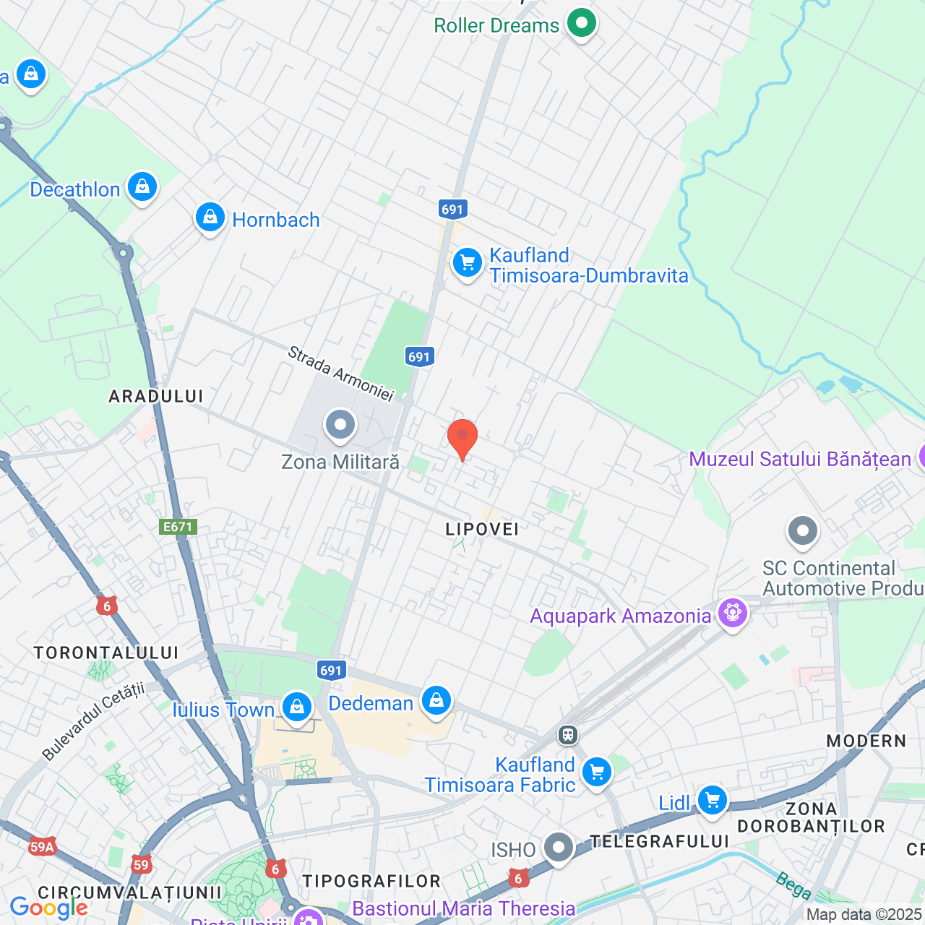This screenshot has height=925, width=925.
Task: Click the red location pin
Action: pyautogui.click(x=462, y=437)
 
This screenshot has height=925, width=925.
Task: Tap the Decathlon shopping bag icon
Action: pyautogui.click(x=142, y=187)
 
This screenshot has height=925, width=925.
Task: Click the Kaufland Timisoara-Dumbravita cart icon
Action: pyautogui.click(x=468, y=263)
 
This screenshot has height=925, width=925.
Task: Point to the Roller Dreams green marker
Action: pyautogui.click(x=581, y=23)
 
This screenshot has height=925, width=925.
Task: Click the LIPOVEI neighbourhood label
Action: pyautogui.click(x=482, y=529)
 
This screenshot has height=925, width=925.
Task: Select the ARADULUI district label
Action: pyautogui.click(x=156, y=396)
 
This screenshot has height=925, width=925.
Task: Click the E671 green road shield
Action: pyautogui.click(x=178, y=527)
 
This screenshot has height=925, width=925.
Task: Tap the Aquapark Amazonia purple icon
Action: pyautogui.click(x=733, y=614)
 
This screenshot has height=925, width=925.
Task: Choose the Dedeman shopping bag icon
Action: pyautogui.click(x=436, y=700)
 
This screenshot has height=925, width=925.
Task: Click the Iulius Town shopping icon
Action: pyautogui.click(x=297, y=707)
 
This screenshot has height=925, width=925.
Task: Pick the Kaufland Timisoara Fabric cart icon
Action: pyautogui.click(x=597, y=773)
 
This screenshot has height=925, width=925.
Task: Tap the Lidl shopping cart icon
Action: pyautogui.click(x=713, y=800)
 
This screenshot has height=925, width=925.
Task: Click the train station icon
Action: pyautogui.click(x=568, y=735)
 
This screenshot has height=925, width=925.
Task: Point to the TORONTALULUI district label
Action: pyautogui.click(x=106, y=653)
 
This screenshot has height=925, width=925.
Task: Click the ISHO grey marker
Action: pyautogui.click(x=559, y=848)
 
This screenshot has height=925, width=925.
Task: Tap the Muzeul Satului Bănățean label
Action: pyautogui.click(x=800, y=459)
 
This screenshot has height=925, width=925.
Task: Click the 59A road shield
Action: pyautogui.click(x=43, y=847)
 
